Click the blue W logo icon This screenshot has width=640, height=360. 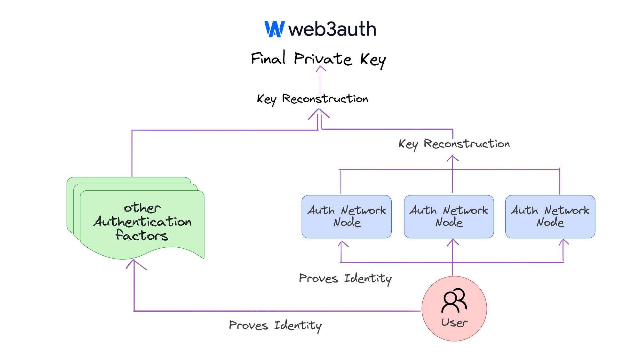pos(275,29)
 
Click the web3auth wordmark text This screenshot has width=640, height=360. pos(332,29)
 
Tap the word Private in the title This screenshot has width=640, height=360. pos(323,59)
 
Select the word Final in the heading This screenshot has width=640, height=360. pos(268,58)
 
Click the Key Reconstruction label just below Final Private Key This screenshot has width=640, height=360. pos(312,99)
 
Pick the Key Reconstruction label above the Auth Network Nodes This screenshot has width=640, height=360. pos(454,144)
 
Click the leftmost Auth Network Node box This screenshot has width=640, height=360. pos(347,217)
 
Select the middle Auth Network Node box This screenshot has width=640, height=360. pos(449,217)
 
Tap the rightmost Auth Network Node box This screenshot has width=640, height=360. pos(550,217)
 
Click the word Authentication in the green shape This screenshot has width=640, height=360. pos(142,222)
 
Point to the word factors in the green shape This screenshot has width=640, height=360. pos(142,236)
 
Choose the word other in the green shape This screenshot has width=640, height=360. pos(142,208)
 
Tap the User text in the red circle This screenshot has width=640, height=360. pos(454,323)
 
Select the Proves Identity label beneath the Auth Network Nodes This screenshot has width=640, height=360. pos(345,279)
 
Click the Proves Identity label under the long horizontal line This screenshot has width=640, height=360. pos(275,326)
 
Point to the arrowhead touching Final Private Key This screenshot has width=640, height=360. pos(320,68)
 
